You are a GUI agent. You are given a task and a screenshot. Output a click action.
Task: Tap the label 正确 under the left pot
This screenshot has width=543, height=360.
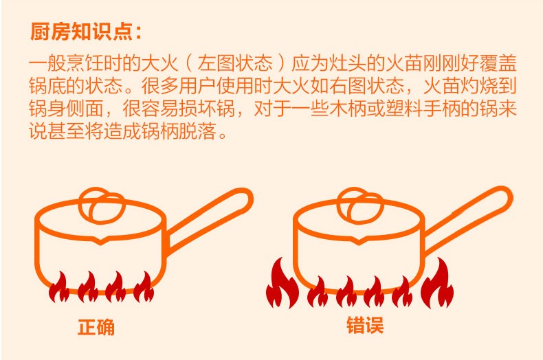click(96, 327)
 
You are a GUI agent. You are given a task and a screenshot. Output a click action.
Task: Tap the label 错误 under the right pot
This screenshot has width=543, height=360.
click(365, 326)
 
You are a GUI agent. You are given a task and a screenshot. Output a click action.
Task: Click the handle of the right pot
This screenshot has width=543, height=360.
click(468, 219)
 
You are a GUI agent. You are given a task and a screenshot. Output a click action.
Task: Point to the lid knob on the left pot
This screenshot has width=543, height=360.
click(102, 206)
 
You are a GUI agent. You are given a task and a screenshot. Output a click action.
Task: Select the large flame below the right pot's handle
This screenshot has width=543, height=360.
click(437, 284)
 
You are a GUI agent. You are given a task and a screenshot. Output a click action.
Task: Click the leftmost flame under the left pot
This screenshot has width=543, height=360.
click(59, 288)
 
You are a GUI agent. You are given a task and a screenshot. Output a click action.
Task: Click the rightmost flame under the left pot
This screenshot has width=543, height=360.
click(144, 288)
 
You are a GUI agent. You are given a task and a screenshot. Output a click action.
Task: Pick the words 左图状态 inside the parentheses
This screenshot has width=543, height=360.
click(235, 63)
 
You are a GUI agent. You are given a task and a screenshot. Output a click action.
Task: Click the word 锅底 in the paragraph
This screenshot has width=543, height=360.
click(47, 85)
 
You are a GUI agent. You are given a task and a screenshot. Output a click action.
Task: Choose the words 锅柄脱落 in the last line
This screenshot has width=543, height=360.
click(178, 131)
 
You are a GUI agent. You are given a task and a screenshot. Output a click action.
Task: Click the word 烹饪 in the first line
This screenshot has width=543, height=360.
click(85, 63)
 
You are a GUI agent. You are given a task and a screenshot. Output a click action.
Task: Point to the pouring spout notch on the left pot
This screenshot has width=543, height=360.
click(100, 241)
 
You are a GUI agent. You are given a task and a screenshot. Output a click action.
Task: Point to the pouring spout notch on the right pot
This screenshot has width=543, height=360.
click(359, 240)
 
